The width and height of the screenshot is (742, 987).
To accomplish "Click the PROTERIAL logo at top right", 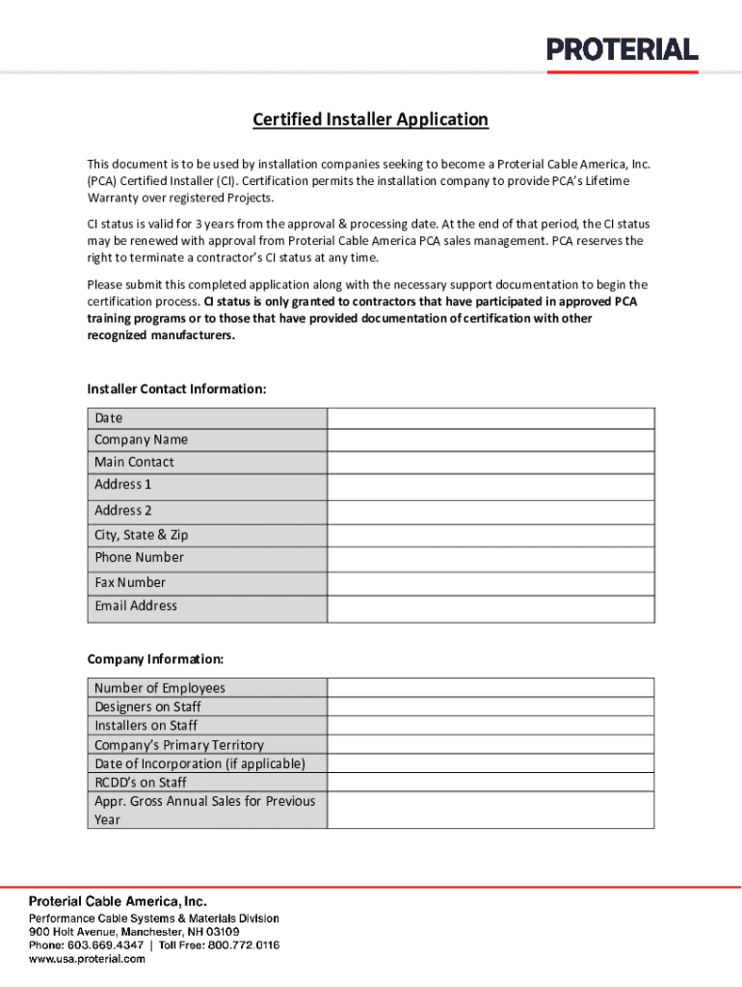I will (x=623, y=51).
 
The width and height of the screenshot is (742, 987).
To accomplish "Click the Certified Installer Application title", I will (x=370, y=120).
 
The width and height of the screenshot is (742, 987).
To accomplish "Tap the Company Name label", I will (x=142, y=440).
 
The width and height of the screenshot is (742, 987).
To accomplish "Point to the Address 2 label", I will (x=123, y=511).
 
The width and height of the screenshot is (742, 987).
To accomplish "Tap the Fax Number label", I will (x=130, y=582).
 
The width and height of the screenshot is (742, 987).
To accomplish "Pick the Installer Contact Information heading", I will (x=176, y=389).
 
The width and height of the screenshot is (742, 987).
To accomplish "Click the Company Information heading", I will (x=155, y=659).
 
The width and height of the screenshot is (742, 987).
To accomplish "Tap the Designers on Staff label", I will (x=147, y=707).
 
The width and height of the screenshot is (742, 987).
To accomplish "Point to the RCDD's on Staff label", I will (x=141, y=782).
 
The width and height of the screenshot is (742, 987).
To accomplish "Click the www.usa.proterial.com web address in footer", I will (x=87, y=959).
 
